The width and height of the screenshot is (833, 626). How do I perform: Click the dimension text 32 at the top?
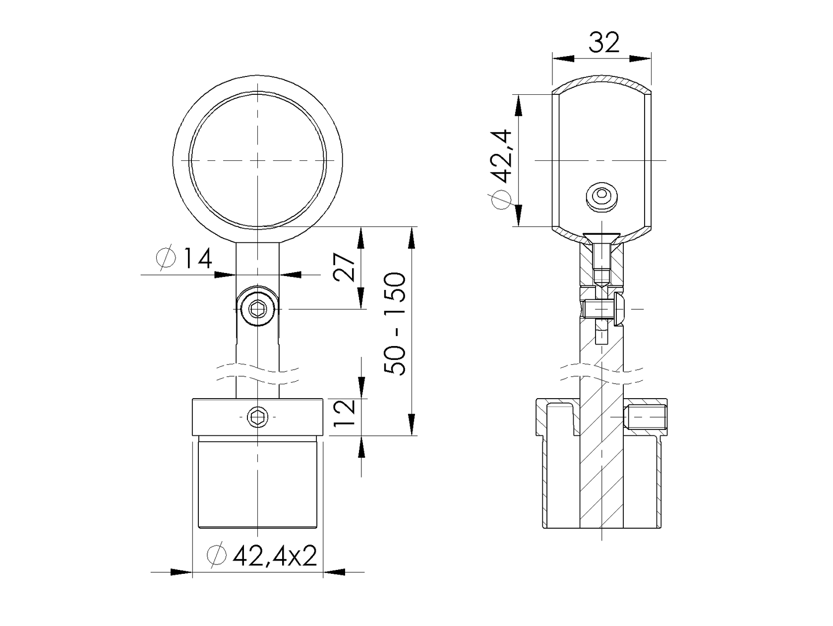604,43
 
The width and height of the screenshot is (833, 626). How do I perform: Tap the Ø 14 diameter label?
184,259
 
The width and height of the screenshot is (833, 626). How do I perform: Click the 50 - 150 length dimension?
397,324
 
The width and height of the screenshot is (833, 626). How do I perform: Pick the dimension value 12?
345,414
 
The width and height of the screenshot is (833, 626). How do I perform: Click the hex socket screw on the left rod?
257,310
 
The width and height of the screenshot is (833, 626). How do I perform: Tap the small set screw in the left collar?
258,417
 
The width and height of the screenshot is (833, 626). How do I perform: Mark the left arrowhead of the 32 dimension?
563,59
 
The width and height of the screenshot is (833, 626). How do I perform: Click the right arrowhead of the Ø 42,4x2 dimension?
334,572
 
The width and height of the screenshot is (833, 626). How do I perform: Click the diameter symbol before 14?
166,259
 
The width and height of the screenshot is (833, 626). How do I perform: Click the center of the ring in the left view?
258,161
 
